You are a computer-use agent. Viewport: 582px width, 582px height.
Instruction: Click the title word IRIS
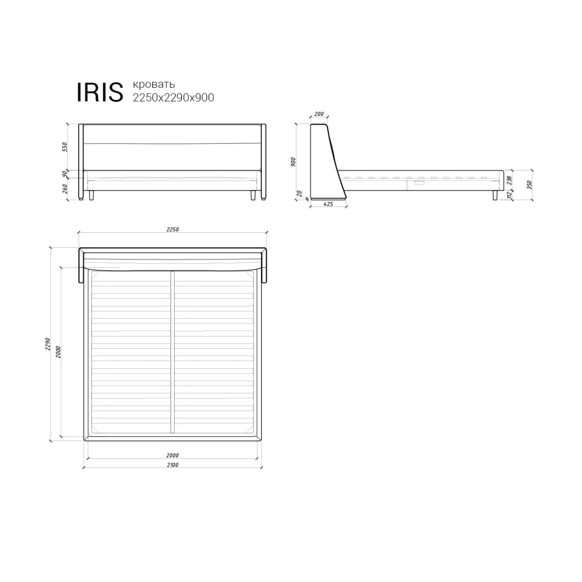(x=100, y=92)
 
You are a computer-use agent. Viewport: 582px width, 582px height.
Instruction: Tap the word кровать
(x=154, y=84)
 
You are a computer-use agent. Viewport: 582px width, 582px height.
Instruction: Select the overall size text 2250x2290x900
(x=174, y=97)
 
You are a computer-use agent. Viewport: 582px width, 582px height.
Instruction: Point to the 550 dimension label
(x=65, y=147)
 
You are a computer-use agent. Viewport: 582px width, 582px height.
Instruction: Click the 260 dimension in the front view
(x=65, y=189)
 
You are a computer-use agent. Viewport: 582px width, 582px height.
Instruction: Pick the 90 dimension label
(x=65, y=174)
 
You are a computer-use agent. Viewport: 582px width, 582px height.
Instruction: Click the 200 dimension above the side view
(x=319, y=114)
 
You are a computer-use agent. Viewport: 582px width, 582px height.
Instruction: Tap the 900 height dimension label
(x=293, y=162)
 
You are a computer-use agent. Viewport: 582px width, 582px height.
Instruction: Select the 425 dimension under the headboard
(x=328, y=204)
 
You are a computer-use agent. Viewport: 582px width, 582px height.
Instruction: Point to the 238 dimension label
(x=510, y=180)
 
